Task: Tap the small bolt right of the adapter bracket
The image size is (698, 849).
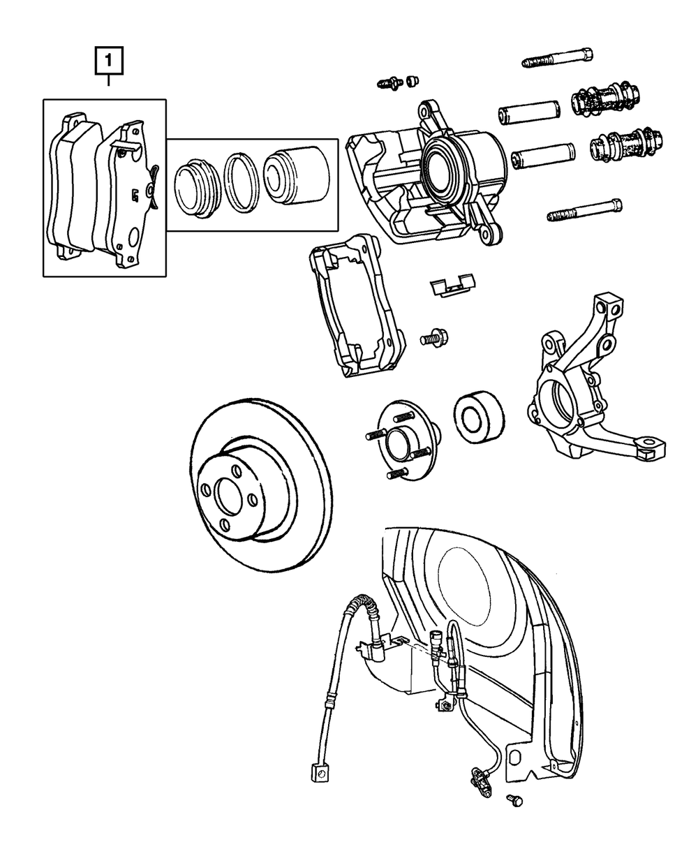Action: coord(433,339)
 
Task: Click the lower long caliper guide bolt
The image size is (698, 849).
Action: coord(585,211)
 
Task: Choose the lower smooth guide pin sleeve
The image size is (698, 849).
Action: coord(542,155)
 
